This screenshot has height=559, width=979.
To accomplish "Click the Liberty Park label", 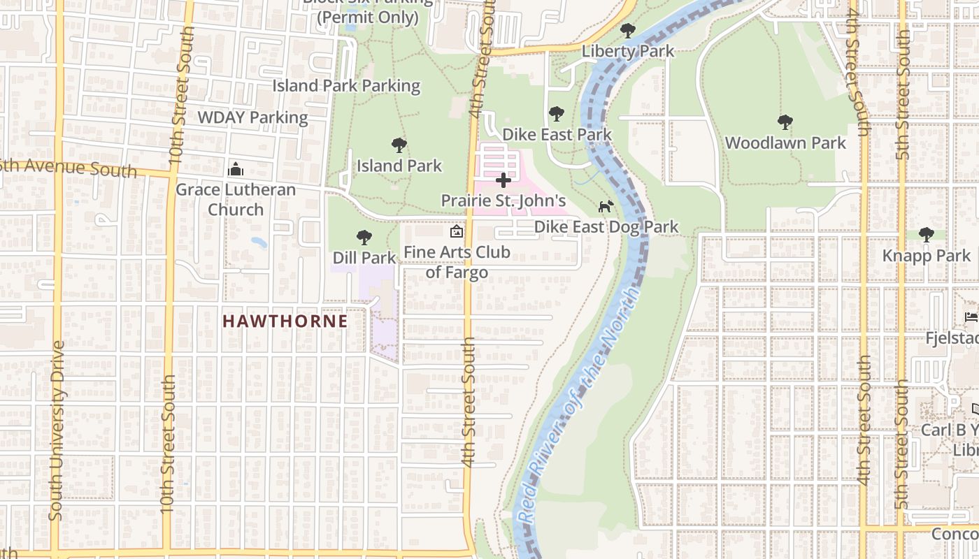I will [627, 51].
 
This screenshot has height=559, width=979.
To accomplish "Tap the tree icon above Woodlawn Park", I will [785, 122].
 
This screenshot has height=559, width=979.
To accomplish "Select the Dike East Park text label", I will [557, 134].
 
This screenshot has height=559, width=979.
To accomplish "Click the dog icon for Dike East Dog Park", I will [606, 206].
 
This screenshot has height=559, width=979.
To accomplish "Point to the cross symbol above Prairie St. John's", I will [503, 181].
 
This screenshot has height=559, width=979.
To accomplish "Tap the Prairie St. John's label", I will [503, 201].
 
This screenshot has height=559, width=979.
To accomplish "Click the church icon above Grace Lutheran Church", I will [236, 169].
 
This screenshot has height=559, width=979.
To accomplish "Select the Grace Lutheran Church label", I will [236, 199].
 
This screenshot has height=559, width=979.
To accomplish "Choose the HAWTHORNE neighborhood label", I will [285, 321].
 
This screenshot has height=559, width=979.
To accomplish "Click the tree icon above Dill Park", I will [364, 238].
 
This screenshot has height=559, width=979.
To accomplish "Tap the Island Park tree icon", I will [399, 145].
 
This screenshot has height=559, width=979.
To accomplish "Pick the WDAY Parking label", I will [252, 117].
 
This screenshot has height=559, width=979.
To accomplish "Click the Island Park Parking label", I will [346, 86].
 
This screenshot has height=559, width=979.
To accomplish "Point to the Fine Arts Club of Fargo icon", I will [457, 231].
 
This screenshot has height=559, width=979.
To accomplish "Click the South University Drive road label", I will [57, 430].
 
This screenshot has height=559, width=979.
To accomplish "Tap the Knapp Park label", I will [927, 255].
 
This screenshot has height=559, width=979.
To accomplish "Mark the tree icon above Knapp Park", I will [927, 235].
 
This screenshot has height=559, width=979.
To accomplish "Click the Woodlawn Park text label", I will [785, 143].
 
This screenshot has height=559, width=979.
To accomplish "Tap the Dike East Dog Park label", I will [606, 226].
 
